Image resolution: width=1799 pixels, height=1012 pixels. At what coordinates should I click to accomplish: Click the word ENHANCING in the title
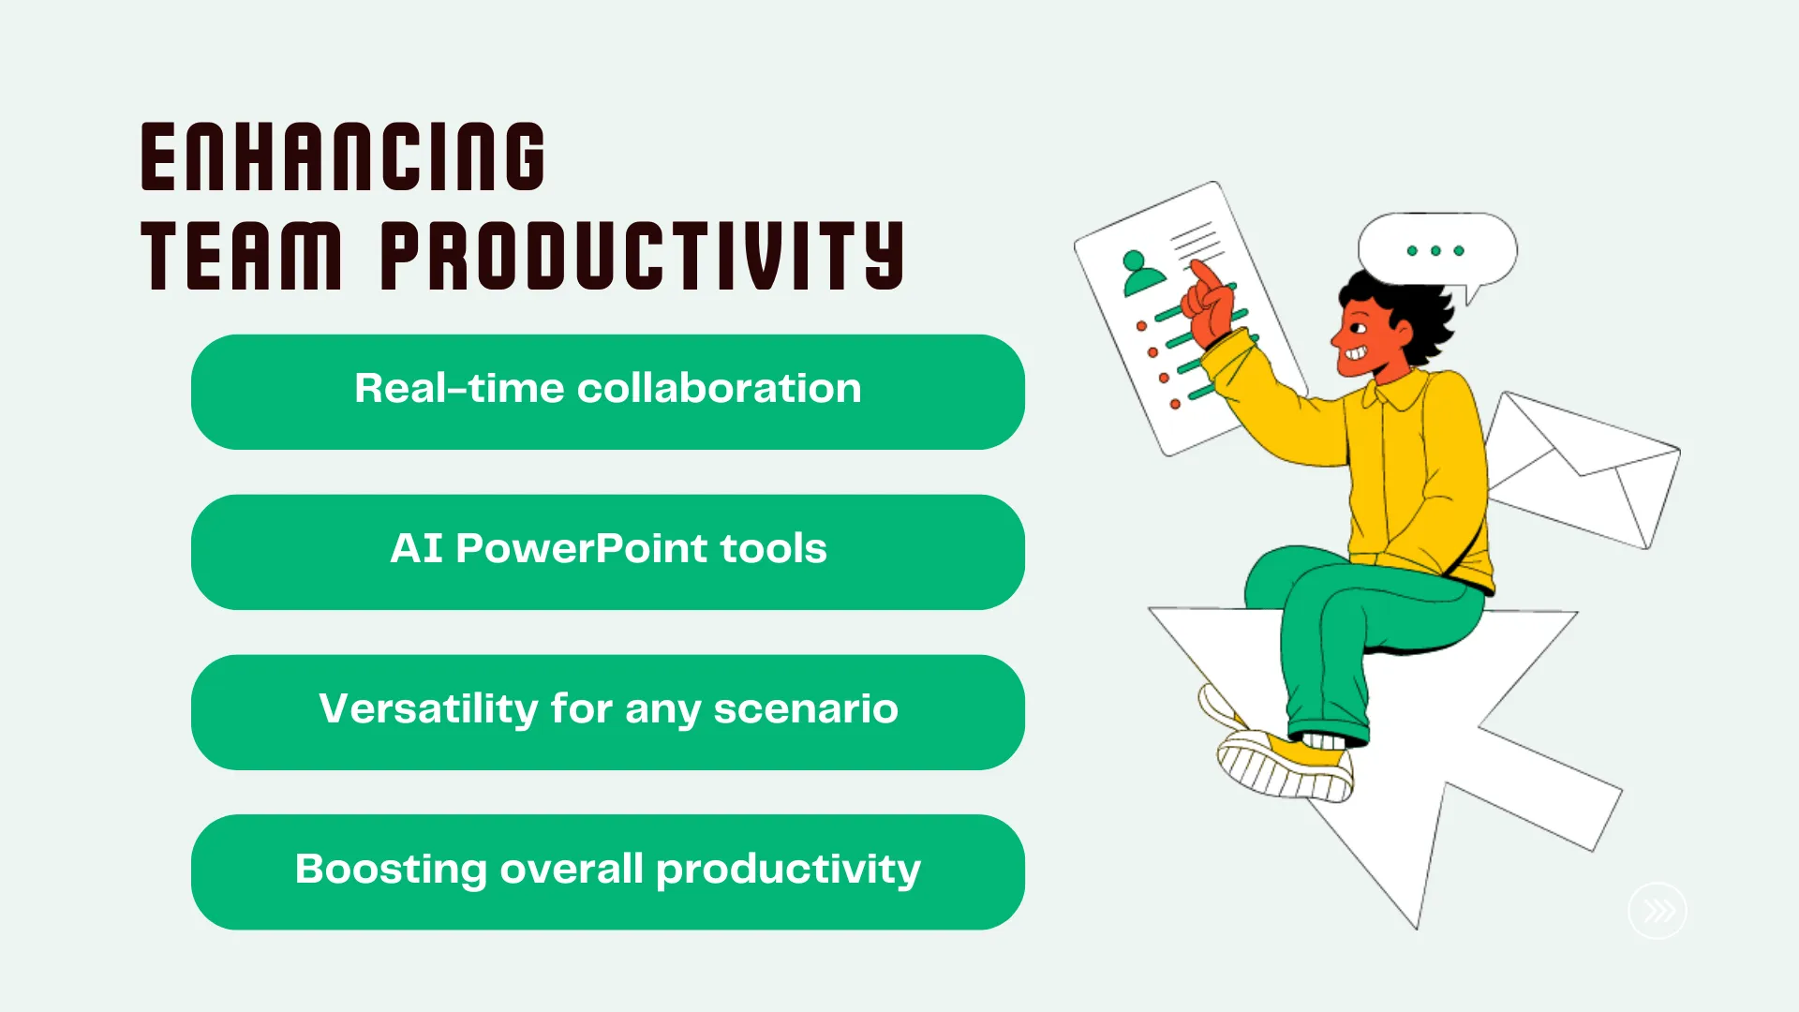point(343,156)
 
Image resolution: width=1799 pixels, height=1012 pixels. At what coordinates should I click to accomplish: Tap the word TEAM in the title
point(242,256)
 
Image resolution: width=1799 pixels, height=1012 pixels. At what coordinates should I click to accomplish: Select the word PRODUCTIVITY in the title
point(643,256)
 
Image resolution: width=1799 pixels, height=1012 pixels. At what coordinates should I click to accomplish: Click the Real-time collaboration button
point(608,392)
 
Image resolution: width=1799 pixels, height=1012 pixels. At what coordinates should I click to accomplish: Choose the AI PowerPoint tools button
point(608,552)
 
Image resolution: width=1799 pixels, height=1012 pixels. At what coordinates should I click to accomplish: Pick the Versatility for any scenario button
point(608,712)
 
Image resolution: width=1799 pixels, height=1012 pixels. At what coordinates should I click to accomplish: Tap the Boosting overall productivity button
point(608,872)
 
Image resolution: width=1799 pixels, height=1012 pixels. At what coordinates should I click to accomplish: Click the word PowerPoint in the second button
point(582,548)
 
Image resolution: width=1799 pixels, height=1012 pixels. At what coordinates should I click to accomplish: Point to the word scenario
point(806,709)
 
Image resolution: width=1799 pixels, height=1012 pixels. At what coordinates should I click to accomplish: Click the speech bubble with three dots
point(1437,250)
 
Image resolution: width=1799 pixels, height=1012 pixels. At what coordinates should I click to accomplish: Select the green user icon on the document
point(1140,273)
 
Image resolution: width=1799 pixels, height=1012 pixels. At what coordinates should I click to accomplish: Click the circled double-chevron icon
point(1658,911)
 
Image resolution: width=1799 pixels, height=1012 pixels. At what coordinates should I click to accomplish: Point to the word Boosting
point(391,869)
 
